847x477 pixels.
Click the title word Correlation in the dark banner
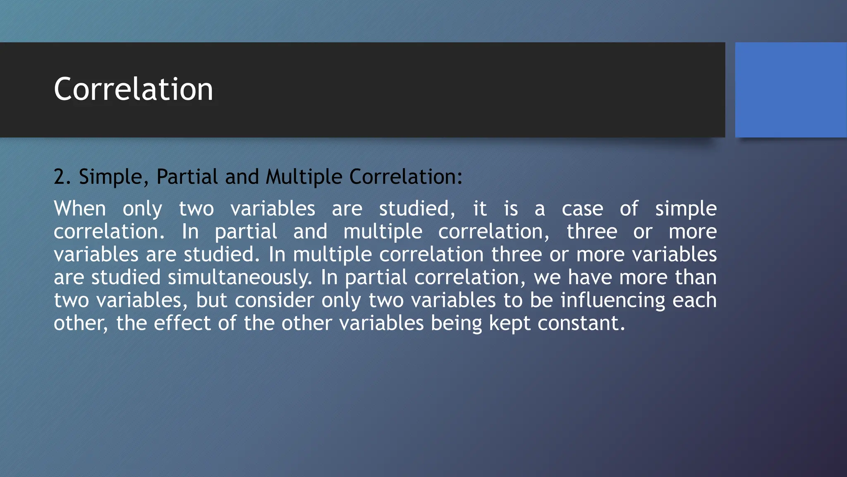tap(133, 89)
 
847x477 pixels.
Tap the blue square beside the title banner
tap(791, 89)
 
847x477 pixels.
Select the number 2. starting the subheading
tap(62, 177)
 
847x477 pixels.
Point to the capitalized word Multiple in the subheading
tap(304, 177)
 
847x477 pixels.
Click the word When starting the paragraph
tap(80, 208)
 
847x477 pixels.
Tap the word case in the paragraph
tap(582, 208)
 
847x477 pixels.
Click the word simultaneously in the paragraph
tap(240, 277)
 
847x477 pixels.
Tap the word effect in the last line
tap(182, 323)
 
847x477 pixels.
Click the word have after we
tap(590, 277)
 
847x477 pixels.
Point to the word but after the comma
tap(211, 300)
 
